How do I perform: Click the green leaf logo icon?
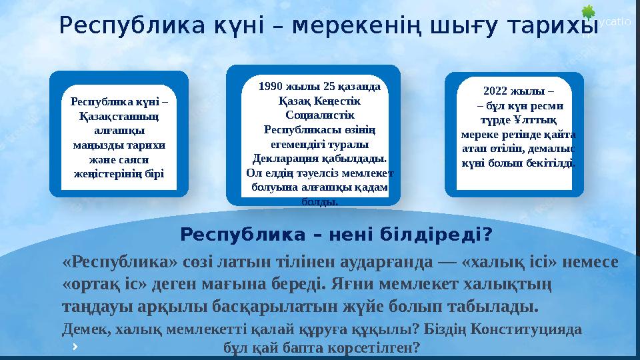587,13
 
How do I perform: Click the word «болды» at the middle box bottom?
319,201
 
